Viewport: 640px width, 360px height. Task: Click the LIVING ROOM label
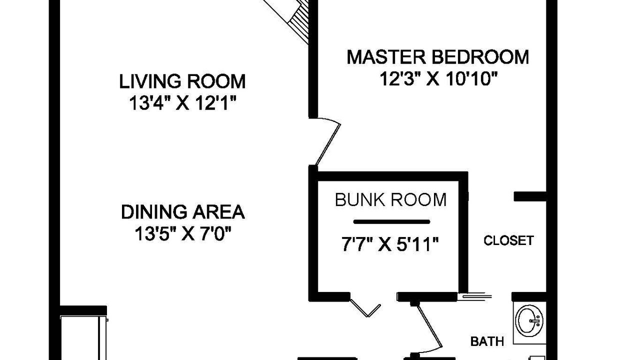coord(182,81)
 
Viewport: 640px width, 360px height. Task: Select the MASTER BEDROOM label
coord(437,57)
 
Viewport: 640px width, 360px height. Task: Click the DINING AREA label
coord(183,212)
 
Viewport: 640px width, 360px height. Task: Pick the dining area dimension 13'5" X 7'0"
coord(183,234)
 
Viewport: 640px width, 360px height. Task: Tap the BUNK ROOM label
coord(390,200)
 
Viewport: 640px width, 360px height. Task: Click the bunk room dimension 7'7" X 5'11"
coord(390,244)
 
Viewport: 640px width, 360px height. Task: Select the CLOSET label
coord(508,241)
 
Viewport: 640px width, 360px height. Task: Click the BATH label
coord(487,341)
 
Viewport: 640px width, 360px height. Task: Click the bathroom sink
coord(529,320)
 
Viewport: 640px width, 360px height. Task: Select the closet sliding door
coord(477,296)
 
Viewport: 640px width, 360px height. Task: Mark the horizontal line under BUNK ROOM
coord(391,221)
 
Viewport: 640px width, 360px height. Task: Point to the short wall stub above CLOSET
coord(529,196)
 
